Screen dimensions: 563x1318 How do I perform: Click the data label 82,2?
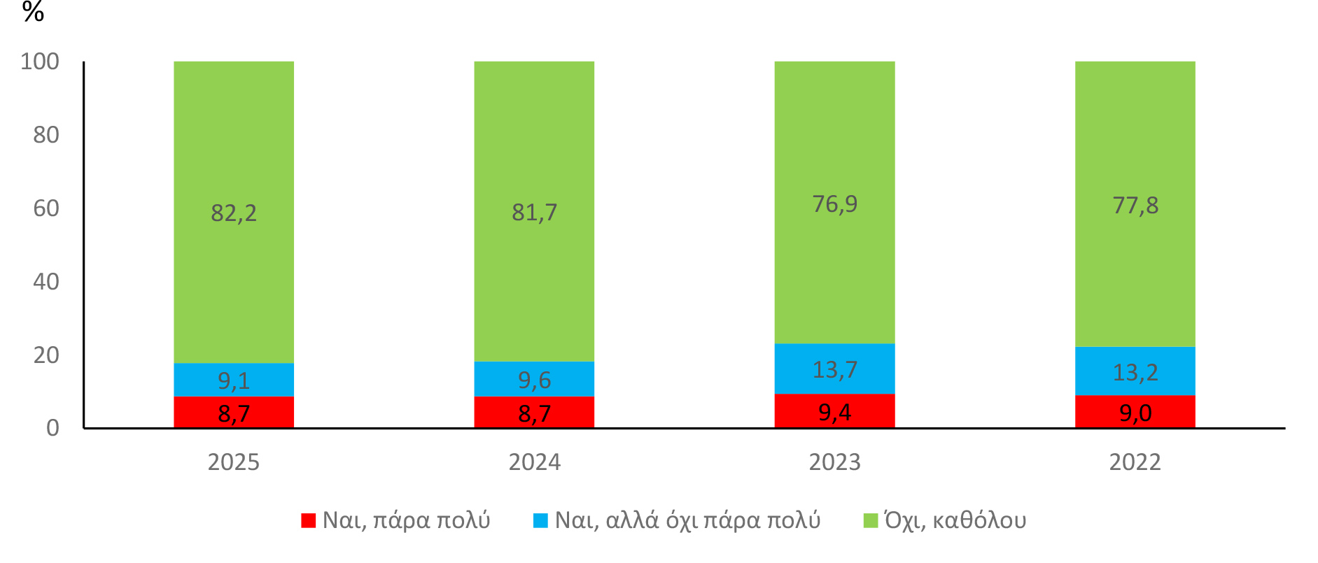[234, 213]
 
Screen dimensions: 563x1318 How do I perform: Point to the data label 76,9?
[834, 204]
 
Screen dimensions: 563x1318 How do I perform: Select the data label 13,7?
[834, 369]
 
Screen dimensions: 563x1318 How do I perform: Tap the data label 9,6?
[534, 380]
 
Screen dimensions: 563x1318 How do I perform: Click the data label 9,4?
[834, 413]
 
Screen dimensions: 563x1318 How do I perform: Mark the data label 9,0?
[1135, 413]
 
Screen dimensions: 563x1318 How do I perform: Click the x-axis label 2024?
[534, 462]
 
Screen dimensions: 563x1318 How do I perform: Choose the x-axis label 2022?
[1135, 462]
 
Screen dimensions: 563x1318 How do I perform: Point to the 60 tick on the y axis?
[46, 208]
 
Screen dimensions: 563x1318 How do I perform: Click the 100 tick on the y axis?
[40, 62]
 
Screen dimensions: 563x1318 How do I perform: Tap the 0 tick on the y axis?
[52, 428]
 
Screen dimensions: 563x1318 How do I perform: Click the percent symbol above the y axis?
[33, 12]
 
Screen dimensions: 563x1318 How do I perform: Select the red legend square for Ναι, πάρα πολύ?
[308, 520]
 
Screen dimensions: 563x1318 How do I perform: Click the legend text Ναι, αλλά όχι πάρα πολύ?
[687, 520]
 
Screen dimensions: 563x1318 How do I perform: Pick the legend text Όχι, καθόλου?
[955, 520]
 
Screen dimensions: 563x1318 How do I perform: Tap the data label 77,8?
[1135, 206]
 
